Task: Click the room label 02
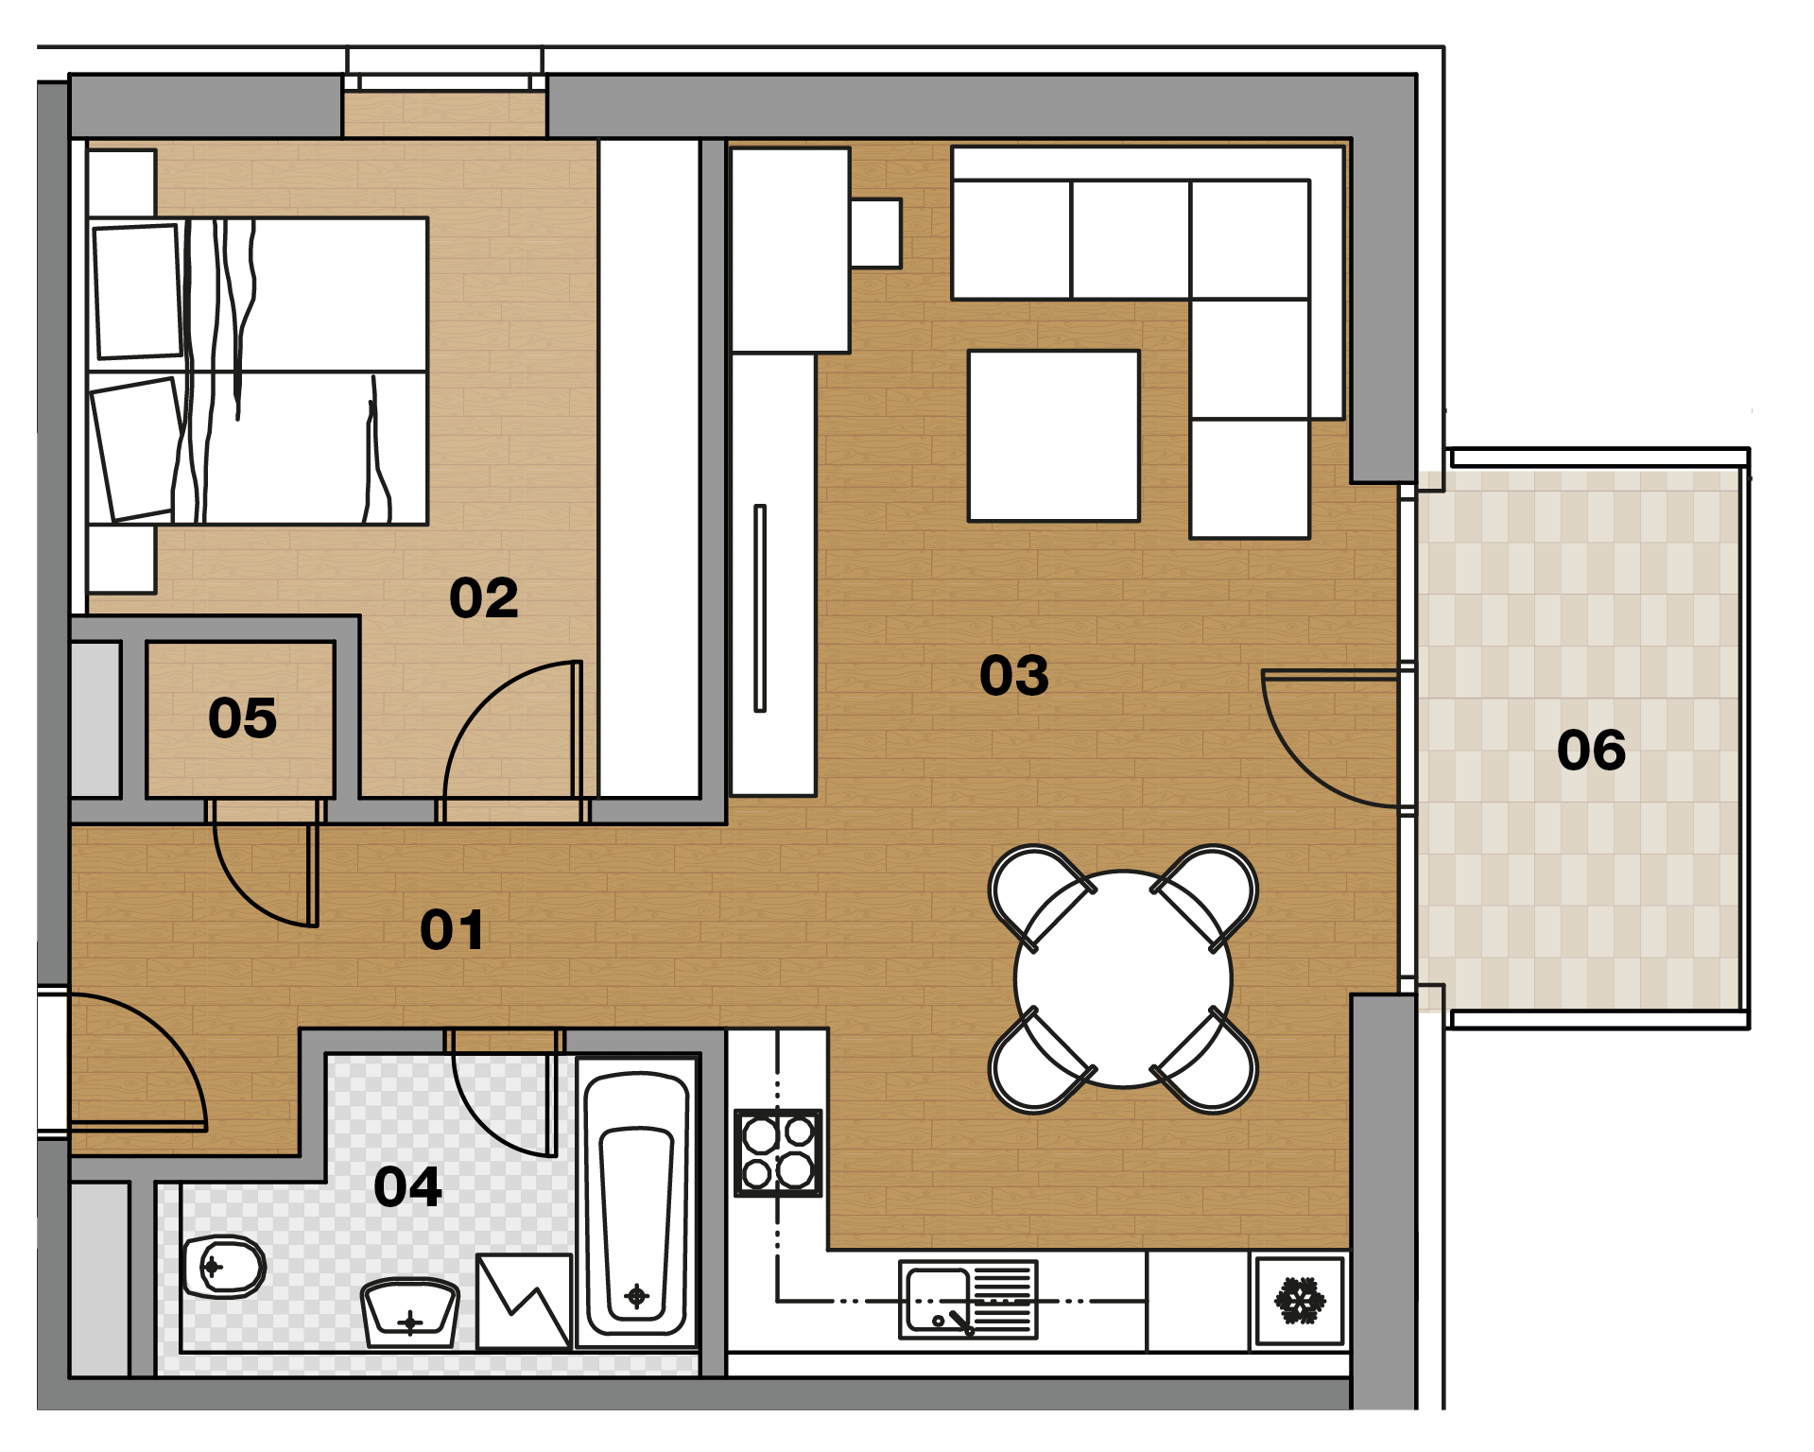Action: tap(484, 598)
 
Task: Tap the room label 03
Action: tap(1014, 676)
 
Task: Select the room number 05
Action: tap(243, 718)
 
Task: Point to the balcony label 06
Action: tap(1592, 751)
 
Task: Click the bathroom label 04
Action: tap(408, 1187)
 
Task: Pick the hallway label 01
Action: tap(452, 930)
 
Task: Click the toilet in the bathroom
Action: tap(224, 1267)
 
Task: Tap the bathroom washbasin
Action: tap(410, 1313)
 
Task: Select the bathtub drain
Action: tap(637, 1295)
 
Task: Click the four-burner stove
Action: tap(778, 1153)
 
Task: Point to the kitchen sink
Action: tap(968, 1300)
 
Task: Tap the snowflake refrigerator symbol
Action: tap(1301, 1301)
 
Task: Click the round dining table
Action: tap(1123, 979)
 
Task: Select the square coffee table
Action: tap(1054, 436)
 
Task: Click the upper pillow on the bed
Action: tap(138, 291)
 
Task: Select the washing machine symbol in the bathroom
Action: tap(525, 1301)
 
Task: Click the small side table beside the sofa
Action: tap(876, 233)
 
